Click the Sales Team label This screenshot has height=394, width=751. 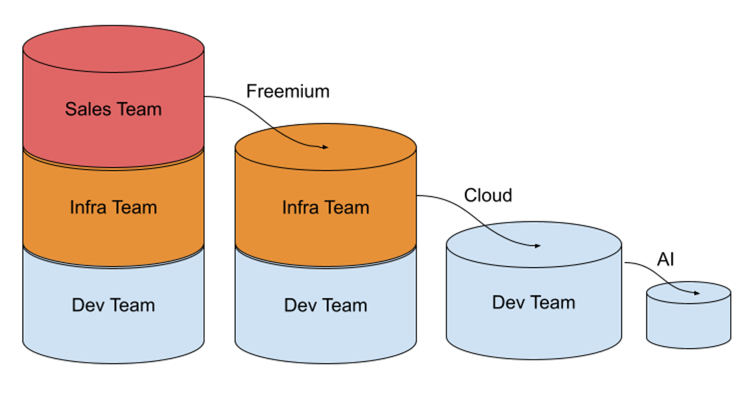click(x=113, y=109)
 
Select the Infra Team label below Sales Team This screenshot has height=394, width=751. click(x=113, y=207)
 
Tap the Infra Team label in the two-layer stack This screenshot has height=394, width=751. click(x=325, y=207)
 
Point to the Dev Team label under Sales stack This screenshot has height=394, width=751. click(x=113, y=305)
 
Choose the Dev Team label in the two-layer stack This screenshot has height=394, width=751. click(x=325, y=305)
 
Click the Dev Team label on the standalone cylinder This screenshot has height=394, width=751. click(x=533, y=303)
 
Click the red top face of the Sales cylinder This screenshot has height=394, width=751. click(x=113, y=49)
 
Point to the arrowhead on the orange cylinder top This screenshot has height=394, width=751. click(x=325, y=148)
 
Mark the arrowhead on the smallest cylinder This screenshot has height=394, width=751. click(x=697, y=292)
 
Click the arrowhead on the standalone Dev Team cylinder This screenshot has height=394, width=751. click(x=538, y=246)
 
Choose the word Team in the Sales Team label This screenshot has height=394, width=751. click(x=138, y=109)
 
